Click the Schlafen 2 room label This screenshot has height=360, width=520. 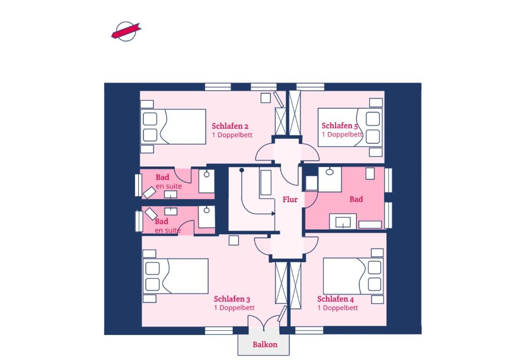coord(230,126)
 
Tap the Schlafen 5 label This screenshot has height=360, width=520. coord(339,126)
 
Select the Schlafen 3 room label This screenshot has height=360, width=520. coord(232,299)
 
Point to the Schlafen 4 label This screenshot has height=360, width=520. coord(335,299)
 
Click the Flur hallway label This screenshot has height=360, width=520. coord(290,199)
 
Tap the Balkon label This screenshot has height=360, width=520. coord(265,345)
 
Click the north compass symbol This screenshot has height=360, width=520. coord(126,32)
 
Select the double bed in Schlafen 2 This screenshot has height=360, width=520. coord(173,127)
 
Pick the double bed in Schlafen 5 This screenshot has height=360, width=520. coord(350,127)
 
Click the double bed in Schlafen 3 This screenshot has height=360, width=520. coord(175,276)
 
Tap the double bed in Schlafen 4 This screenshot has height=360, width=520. coord(353,276)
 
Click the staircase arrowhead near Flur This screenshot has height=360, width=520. coord(273,214)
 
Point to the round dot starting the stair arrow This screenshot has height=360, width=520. coord(242,170)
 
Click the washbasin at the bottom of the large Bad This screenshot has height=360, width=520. coord(343,221)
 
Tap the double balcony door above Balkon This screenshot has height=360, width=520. coord(264,323)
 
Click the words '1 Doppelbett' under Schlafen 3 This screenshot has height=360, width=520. coord(234,308)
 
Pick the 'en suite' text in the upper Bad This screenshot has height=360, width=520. coord(169,186)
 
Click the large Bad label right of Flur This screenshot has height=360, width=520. coord(356,199)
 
